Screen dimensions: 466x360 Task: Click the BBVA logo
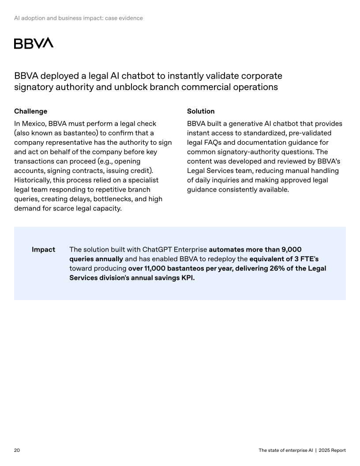pos(34,43)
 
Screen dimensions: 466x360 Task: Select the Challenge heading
pos(30,111)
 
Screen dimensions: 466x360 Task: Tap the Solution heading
pos(201,111)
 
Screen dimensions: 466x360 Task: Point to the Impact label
pos(43,250)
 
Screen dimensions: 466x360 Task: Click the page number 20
pos(17,450)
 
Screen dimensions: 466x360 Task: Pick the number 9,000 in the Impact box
pos(291,249)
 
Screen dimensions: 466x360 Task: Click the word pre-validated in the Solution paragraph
pos(308,133)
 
